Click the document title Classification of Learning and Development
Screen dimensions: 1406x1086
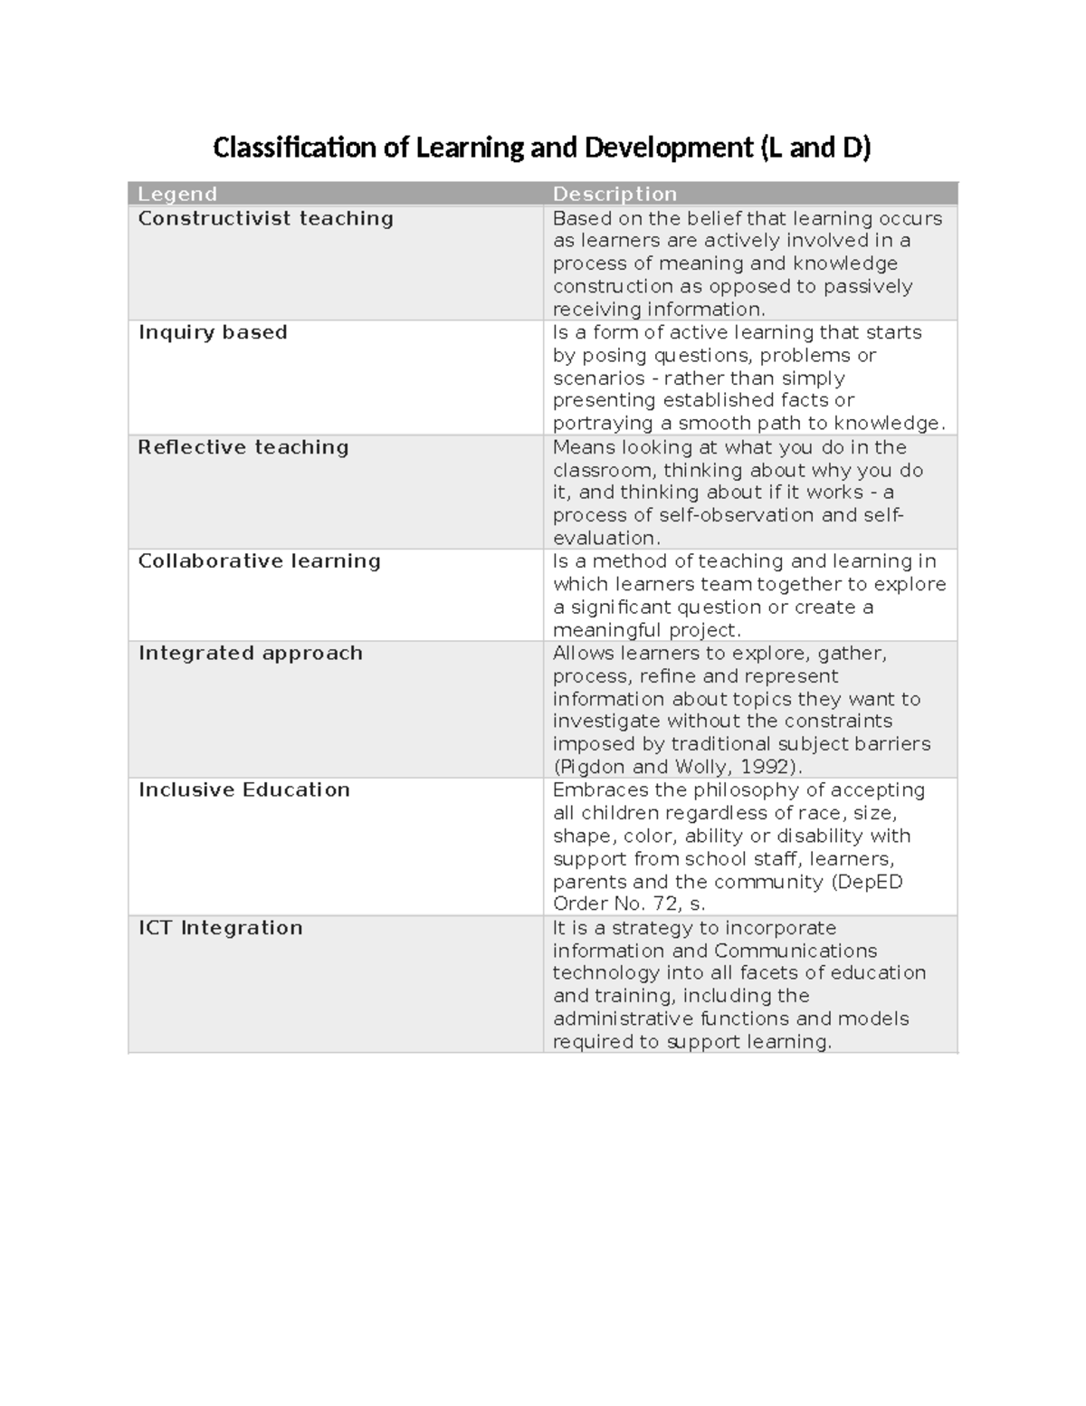click(x=541, y=148)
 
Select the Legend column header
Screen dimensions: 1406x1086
click(x=177, y=194)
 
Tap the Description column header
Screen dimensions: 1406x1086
click(x=614, y=194)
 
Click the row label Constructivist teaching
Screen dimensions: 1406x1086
click(x=265, y=218)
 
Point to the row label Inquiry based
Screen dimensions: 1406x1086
click(x=213, y=332)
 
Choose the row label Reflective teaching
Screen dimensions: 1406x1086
click(x=243, y=447)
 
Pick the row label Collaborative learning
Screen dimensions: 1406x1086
click(x=259, y=561)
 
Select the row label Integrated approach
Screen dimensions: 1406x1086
click(x=250, y=653)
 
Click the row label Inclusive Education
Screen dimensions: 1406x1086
click(x=243, y=789)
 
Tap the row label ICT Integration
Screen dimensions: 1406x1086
click(x=220, y=927)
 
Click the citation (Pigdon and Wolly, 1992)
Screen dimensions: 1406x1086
click(x=678, y=767)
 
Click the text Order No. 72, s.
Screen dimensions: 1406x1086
click(x=629, y=904)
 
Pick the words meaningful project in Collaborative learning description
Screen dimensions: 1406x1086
click(x=646, y=630)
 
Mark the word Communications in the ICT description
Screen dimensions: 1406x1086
click(x=795, y=951)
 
